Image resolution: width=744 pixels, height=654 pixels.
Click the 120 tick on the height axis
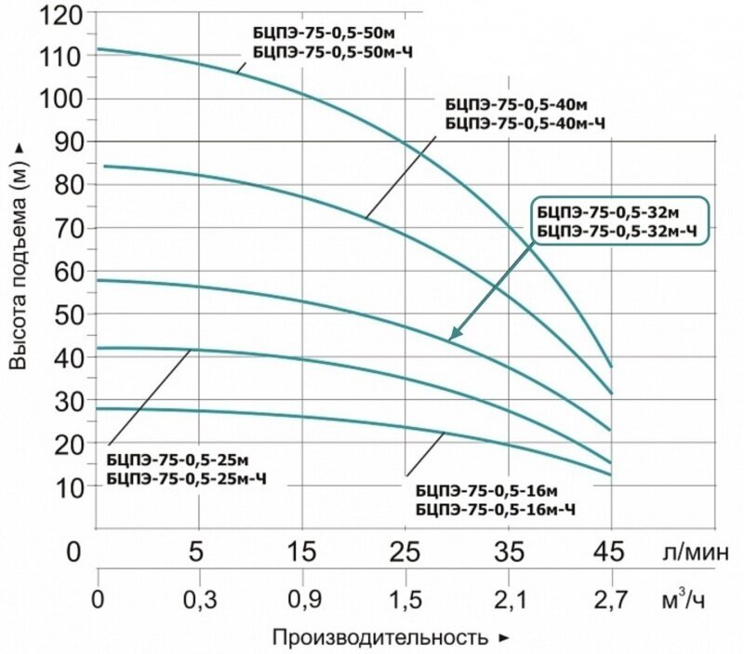63,16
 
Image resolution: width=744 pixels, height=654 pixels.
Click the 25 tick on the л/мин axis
405,553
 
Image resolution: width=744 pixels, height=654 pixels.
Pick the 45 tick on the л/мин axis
610,553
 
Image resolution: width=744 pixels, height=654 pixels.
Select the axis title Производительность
379,638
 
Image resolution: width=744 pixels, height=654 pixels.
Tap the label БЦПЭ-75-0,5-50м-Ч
332,53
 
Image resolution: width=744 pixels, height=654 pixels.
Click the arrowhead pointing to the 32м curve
455,334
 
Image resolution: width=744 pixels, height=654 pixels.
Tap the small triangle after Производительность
504,639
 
